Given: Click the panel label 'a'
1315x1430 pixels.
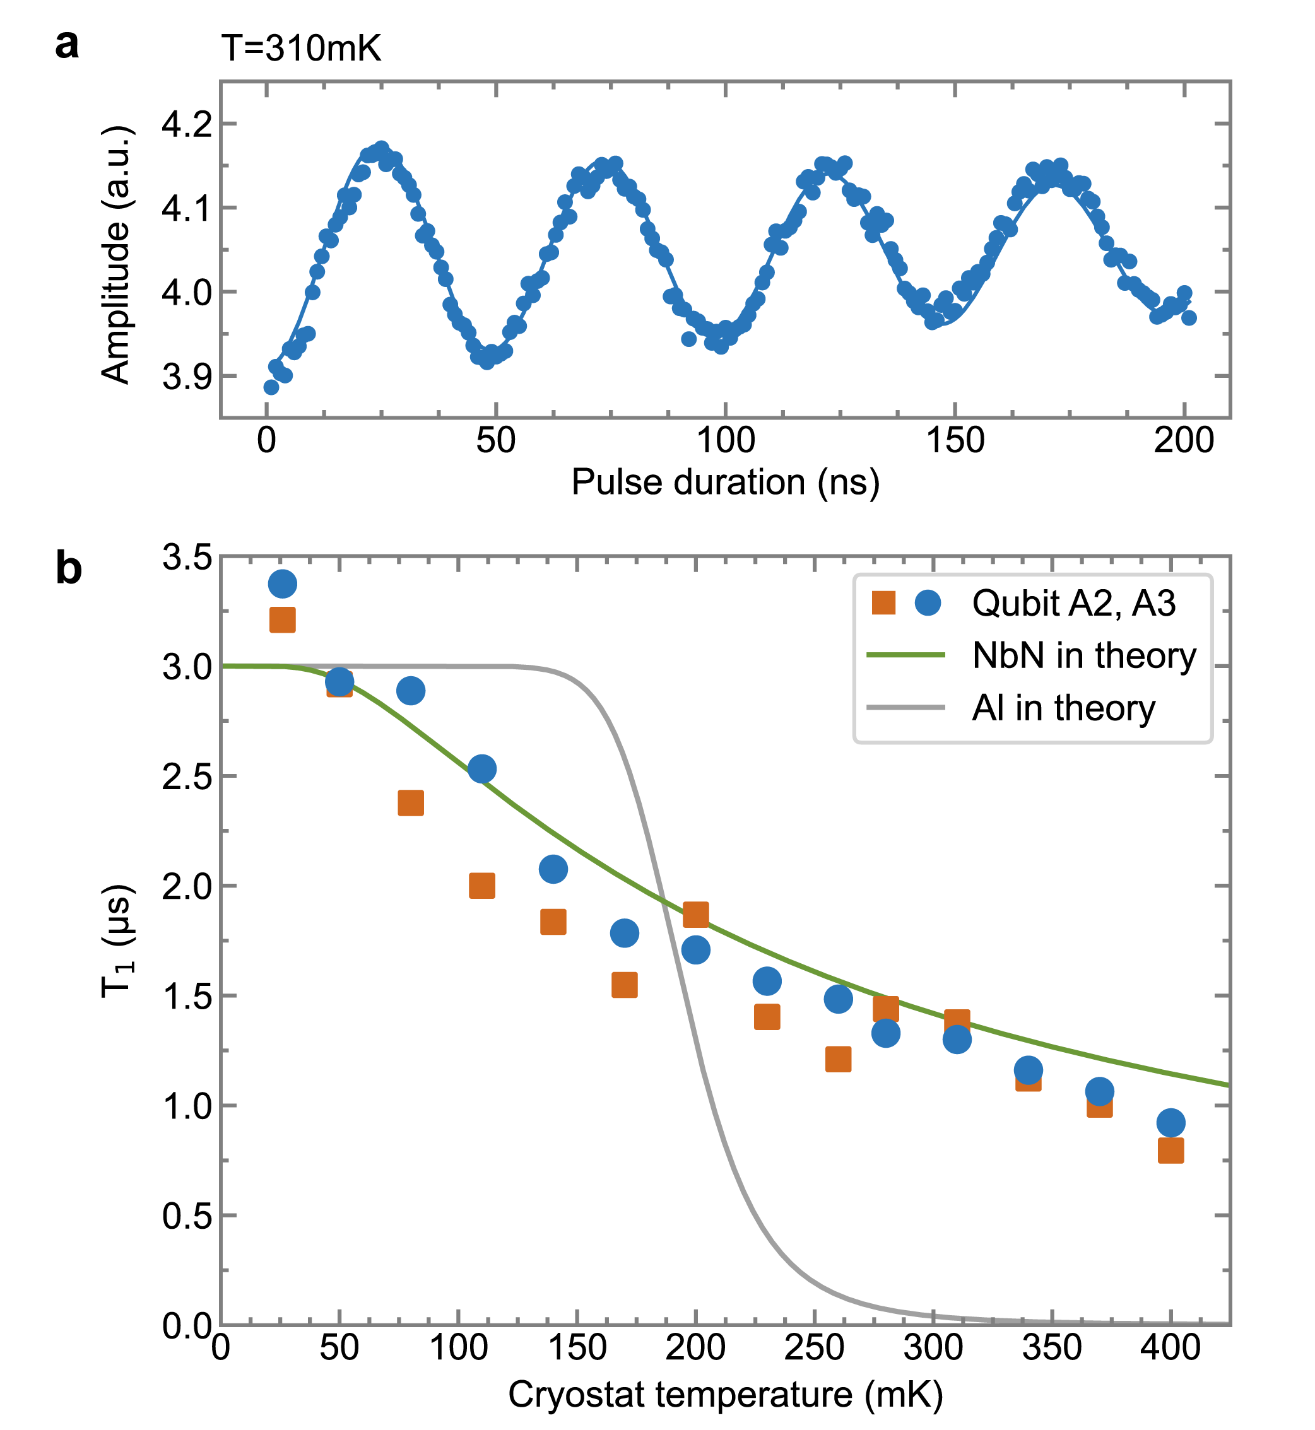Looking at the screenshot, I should tap(67, 46).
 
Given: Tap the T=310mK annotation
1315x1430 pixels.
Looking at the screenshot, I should tap(301, 49).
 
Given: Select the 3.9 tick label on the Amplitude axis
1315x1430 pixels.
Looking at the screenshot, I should tap(187, 377).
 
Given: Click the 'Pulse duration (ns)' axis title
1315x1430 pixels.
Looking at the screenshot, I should tap(725, 483).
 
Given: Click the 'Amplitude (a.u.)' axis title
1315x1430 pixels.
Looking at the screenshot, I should tap(117, 255).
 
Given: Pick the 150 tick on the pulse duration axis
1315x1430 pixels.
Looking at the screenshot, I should tap(954, 441).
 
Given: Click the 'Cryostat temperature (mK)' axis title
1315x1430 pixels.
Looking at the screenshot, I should tap(725, 1395).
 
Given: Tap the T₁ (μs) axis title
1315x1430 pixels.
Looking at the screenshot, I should tap(117, 941).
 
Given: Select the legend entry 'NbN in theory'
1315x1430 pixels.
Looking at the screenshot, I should tap(1083, 655).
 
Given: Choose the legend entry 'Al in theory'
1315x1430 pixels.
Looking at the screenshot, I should tap(1063, 708).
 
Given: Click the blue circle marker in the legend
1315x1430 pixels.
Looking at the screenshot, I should tap(928, 602).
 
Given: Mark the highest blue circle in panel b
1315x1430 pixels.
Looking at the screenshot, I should tap(283, 584).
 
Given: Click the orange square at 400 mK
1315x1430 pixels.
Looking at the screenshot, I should tap(1171, 1151).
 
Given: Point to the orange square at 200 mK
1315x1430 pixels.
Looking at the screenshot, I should tap(695, 915).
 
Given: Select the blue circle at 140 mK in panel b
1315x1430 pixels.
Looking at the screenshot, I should tap(553, 869).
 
